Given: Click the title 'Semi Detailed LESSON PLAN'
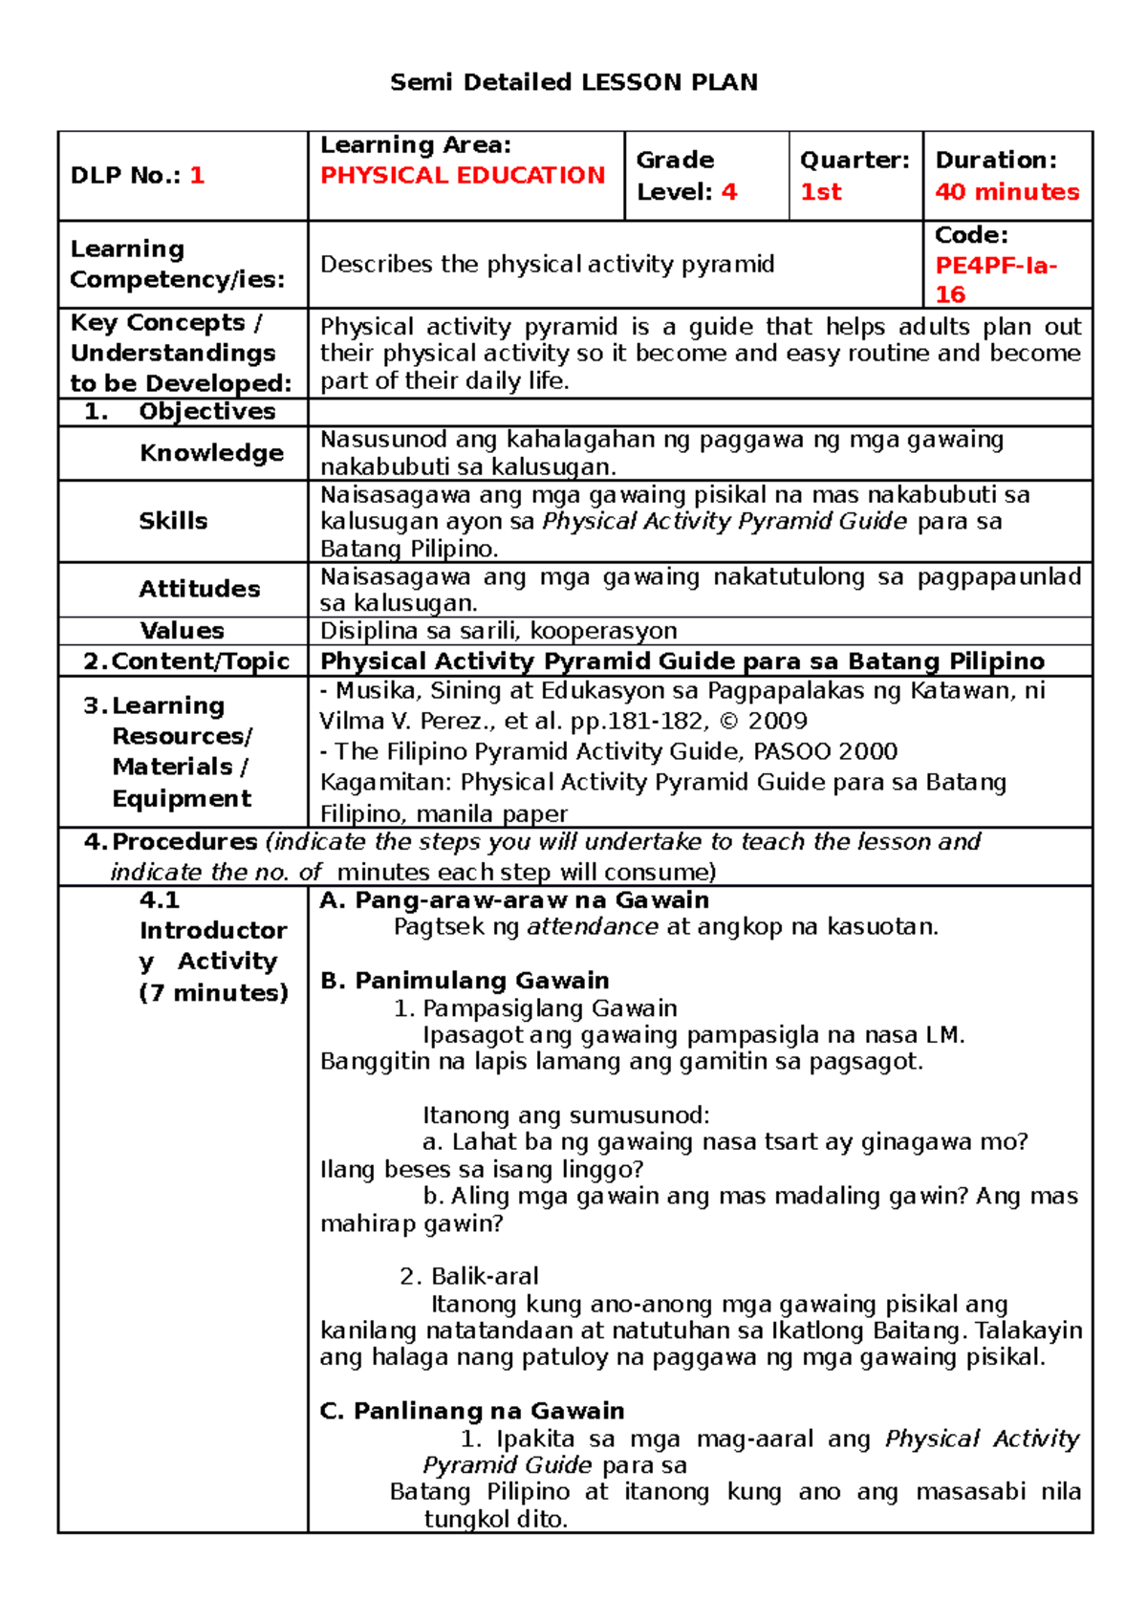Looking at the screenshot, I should [x=573, y=82].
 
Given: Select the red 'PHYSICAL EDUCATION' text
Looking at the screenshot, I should [x=463, y=176].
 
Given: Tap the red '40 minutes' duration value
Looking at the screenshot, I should [x=1007, y=192].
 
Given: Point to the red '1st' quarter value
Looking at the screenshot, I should [x=820, y=192].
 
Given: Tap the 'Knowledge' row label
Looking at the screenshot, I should [x=211, y=453].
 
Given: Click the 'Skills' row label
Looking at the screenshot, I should [x=173, y=521].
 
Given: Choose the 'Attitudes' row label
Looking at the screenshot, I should [x=200, y=589].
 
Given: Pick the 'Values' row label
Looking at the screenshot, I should [x=182, y=631].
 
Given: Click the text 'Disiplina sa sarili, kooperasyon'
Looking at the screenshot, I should [x=498, y=631].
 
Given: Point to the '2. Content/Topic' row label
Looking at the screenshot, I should [x=186, y=661].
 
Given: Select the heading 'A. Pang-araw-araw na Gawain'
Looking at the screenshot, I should [x=514, y=900].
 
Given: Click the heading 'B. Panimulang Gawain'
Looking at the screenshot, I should [x=465, y=981].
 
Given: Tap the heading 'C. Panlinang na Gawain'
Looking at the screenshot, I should [x=472, y=1411].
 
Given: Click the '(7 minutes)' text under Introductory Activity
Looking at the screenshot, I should [x=213, y=993].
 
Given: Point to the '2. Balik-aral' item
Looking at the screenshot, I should [x=469, y=1276].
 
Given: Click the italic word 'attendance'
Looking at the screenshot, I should [x=592, y=927].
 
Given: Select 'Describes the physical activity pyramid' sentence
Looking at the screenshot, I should [x=547, y=265].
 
